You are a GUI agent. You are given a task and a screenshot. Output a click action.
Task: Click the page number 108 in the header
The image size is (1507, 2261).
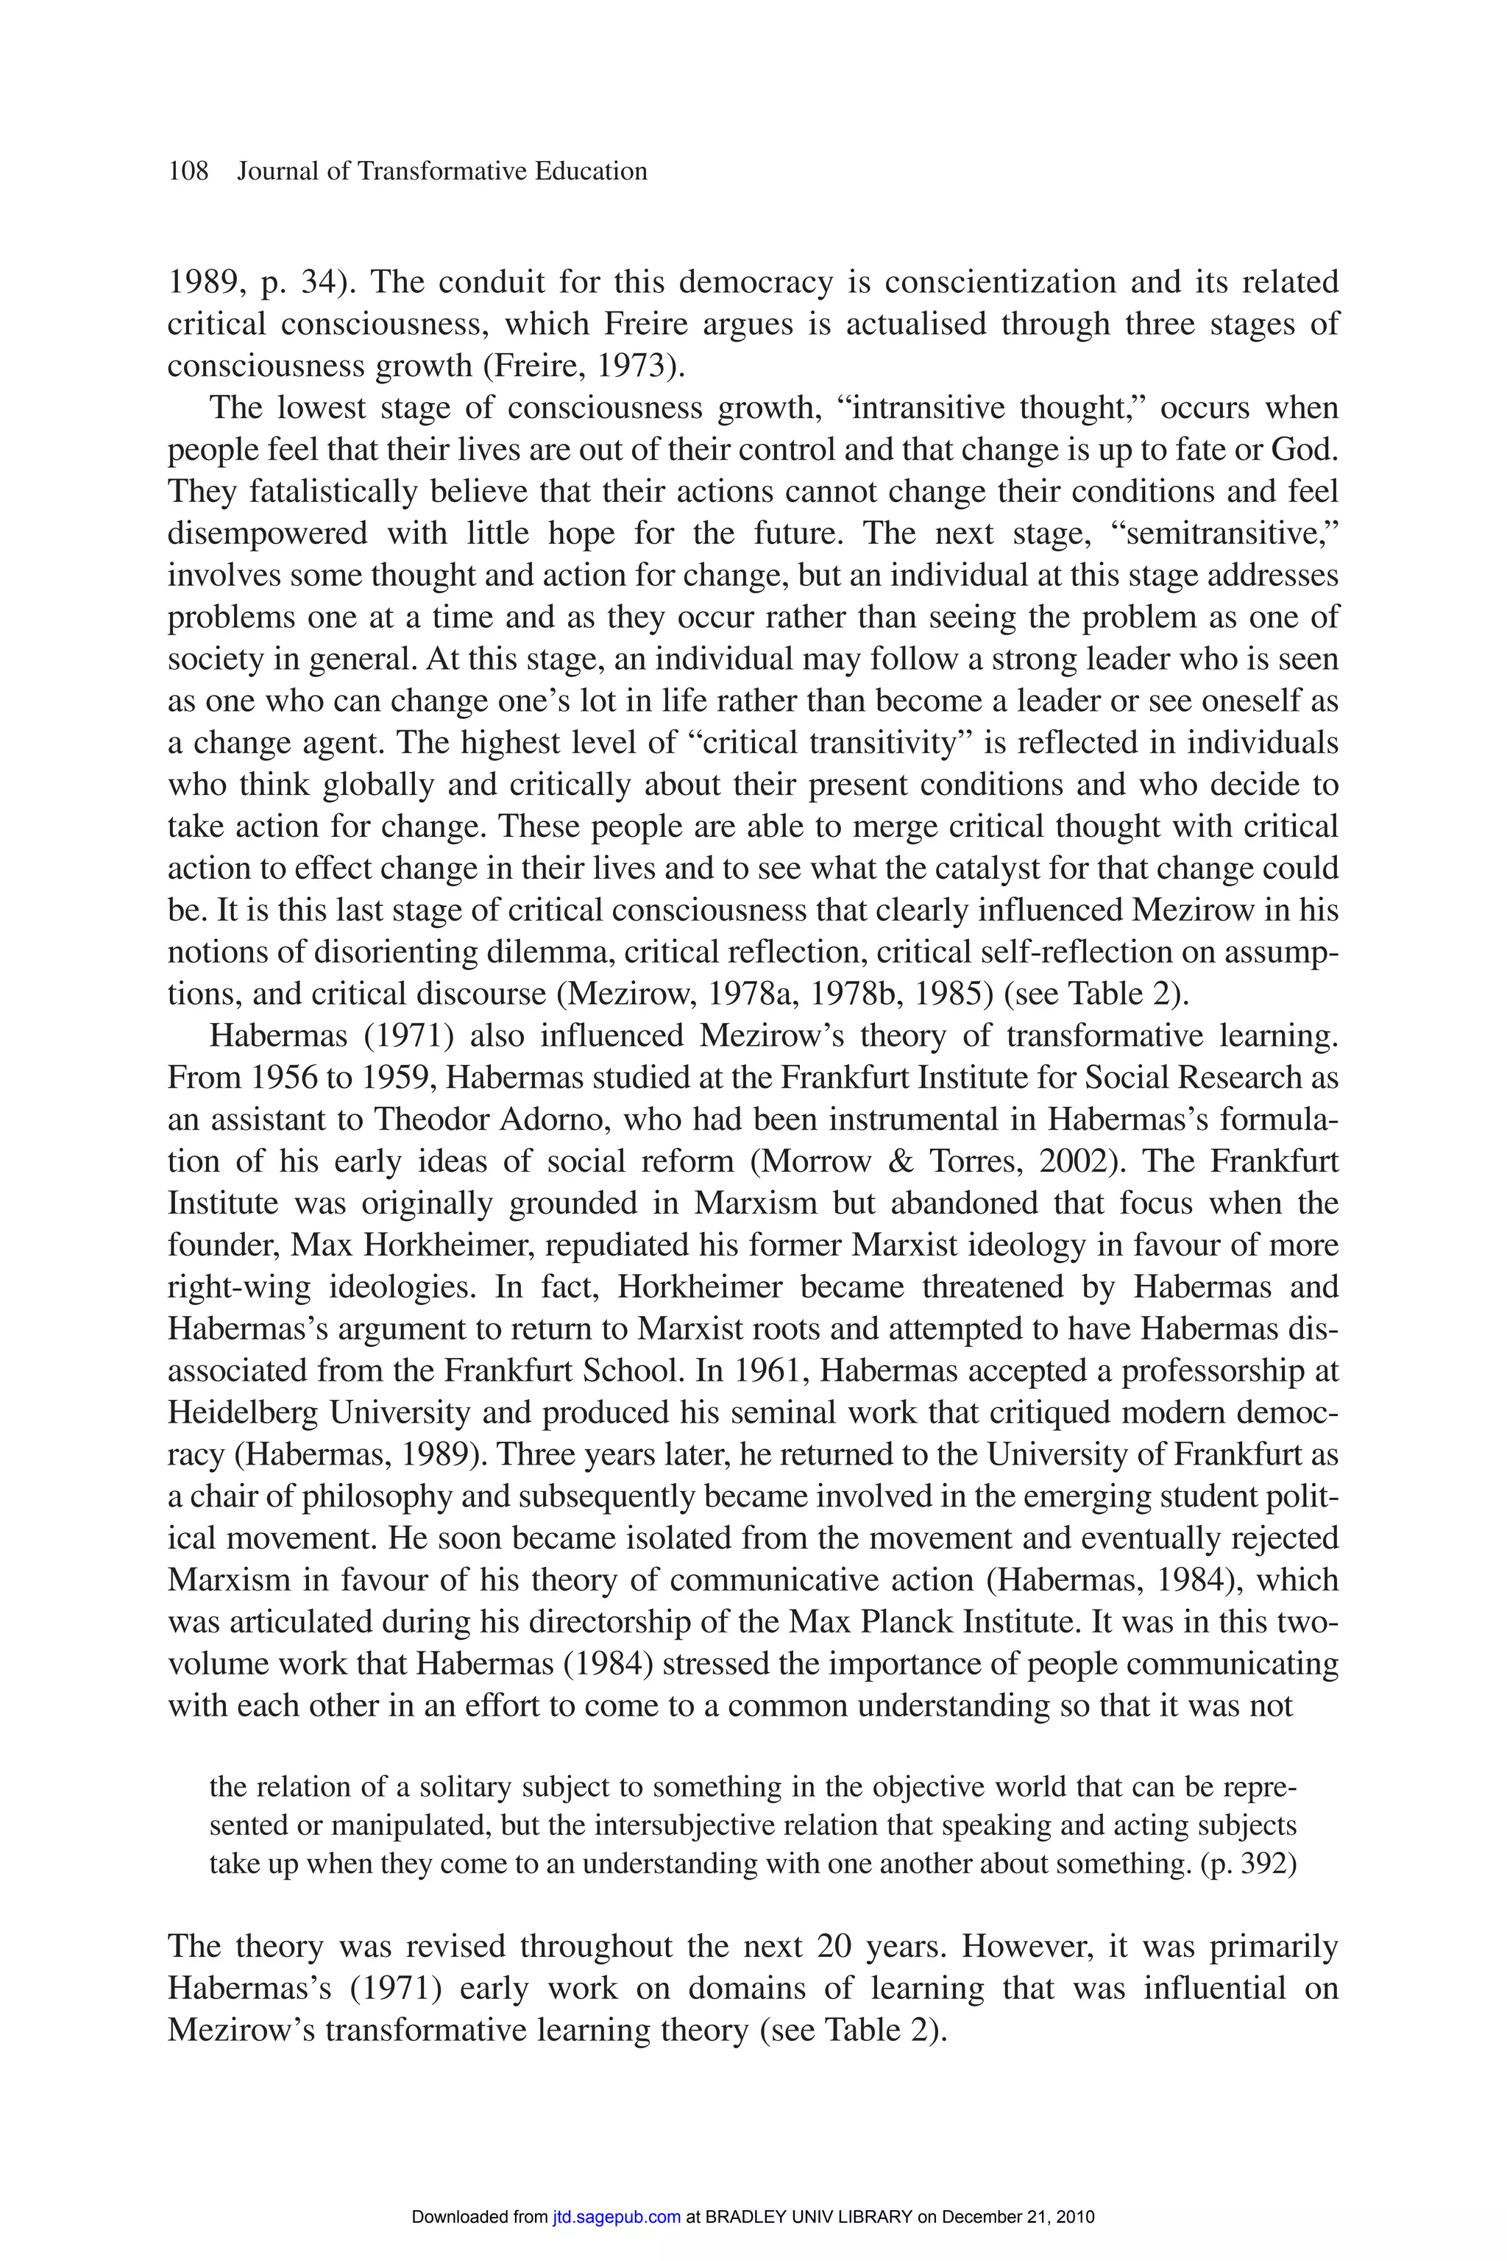click(188, 172)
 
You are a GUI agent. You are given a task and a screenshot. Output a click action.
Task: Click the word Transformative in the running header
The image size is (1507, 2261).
click(431, 172)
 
